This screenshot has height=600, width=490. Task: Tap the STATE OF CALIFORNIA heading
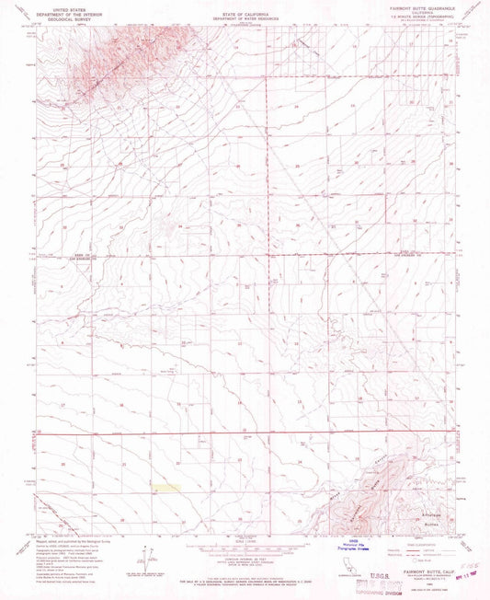coord(245,7)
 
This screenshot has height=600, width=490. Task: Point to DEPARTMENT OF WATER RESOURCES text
coord(245,12)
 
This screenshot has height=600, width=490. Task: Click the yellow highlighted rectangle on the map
coord(165,486)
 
